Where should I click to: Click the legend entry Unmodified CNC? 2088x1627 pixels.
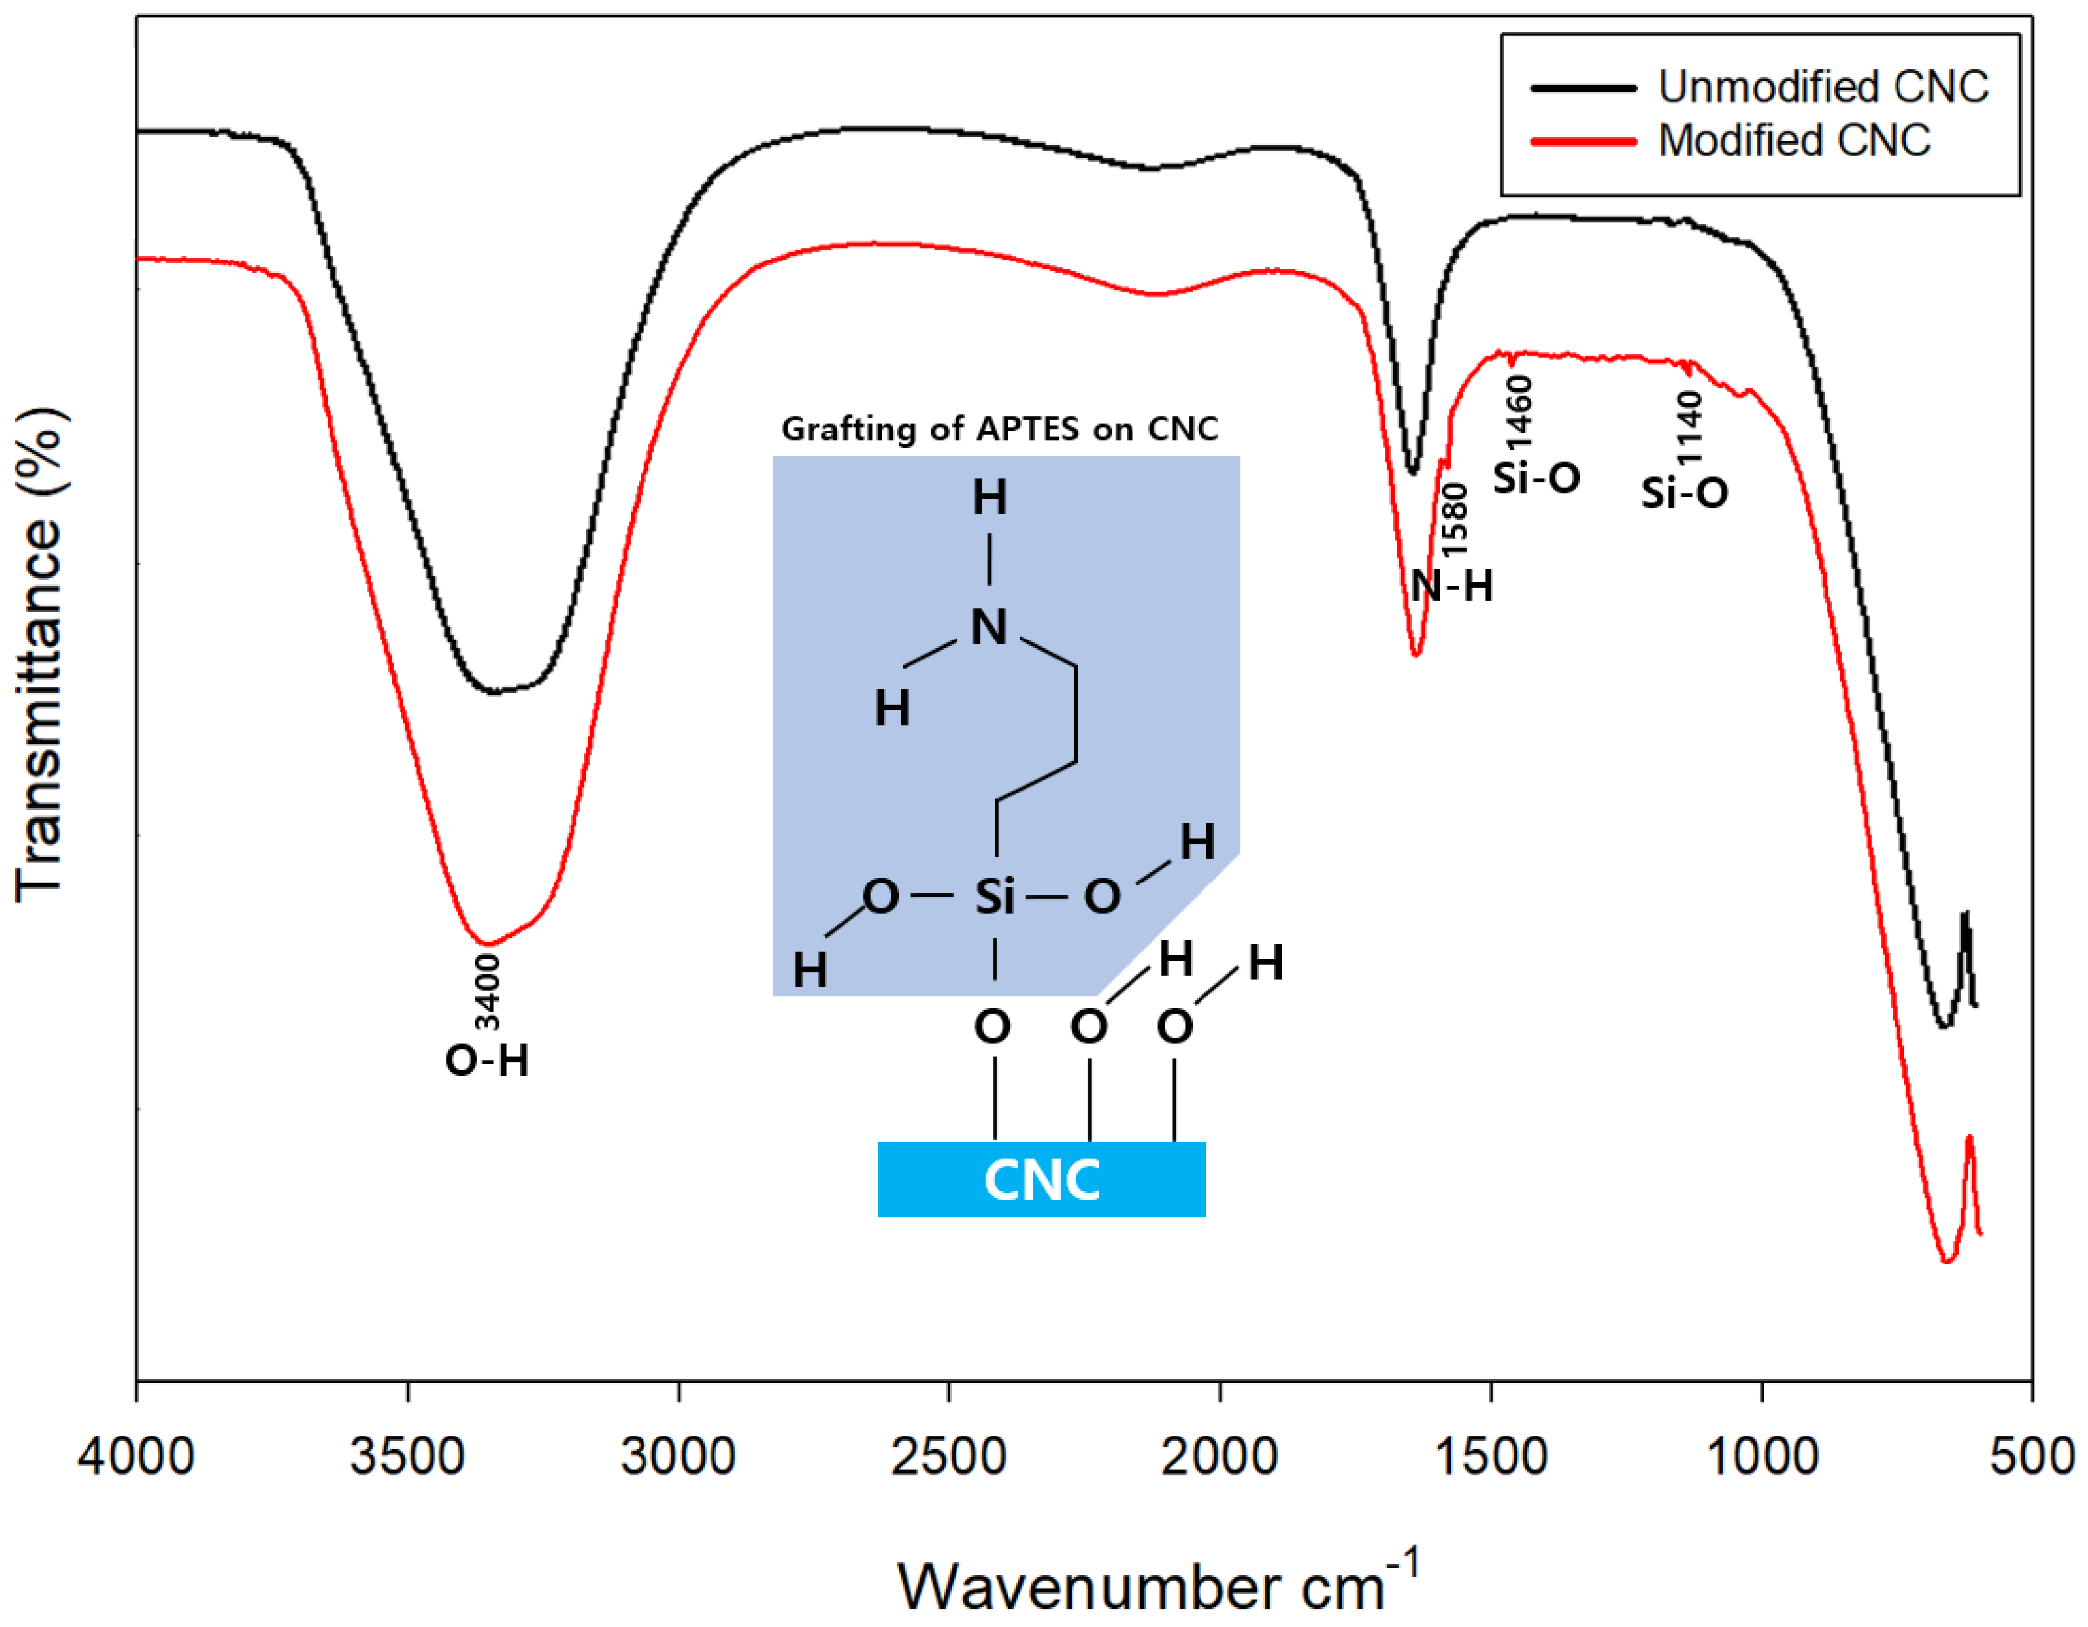1823,87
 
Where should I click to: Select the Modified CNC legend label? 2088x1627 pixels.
1793,141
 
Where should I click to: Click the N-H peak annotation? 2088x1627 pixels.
1451,585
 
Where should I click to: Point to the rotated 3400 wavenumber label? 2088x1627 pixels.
487,992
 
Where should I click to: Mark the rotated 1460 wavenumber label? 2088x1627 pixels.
1518,411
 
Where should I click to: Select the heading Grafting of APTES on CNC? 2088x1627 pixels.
1000,429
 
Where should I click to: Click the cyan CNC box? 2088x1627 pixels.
1041,1179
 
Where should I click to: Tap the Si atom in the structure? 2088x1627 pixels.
994,897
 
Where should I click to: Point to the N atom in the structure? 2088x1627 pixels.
989,628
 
